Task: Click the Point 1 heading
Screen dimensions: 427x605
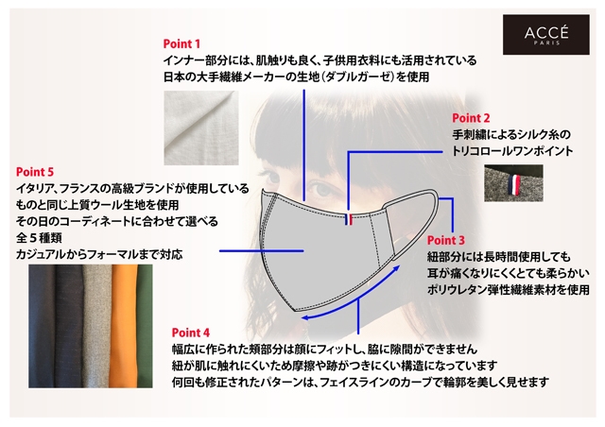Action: tap(182, 43)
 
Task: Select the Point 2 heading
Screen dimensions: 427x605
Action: tap(471, 118)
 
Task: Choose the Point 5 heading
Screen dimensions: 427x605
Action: tap(36, 172)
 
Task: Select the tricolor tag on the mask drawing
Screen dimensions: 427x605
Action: tap(348, 221)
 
